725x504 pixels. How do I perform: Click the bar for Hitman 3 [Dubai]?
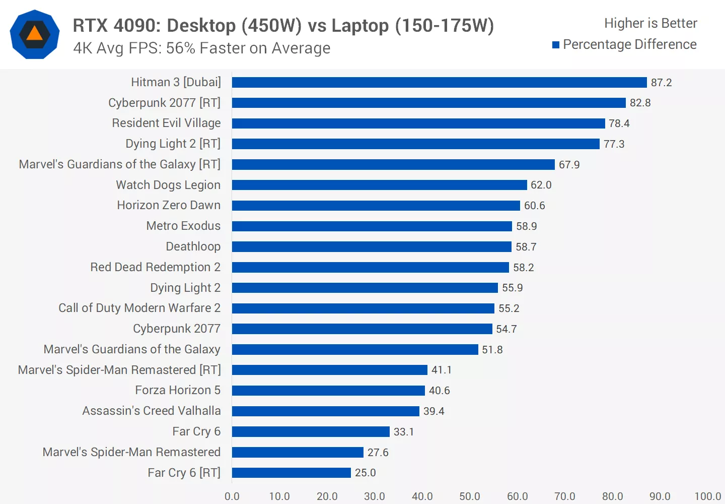(439, 82)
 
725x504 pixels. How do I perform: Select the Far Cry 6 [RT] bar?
(291, 473)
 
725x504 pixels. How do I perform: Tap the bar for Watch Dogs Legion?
(379, 185)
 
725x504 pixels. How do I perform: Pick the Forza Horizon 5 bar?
(328, 391)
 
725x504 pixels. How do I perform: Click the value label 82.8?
(640, 103)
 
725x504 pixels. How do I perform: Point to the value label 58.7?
(526, 247)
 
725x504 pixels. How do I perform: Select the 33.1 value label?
(403, 432)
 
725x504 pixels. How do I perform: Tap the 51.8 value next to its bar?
(492, 350)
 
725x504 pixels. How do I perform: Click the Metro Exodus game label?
(183, 226)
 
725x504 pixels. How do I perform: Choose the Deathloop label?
(193, 246)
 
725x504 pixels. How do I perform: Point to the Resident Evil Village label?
(166, 123)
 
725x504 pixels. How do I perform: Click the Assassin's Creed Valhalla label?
(152, 411)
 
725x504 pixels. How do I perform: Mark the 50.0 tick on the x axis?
(469, 496)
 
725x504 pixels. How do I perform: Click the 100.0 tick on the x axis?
(707, 496)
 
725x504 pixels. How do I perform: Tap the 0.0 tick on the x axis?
(232, 496)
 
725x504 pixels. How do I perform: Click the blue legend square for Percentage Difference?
(556, 45)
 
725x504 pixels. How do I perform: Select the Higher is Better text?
(650, 23)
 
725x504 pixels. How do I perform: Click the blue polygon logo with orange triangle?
(35, 34)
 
